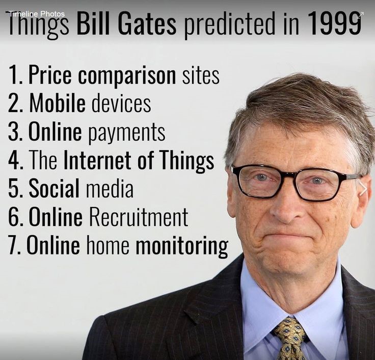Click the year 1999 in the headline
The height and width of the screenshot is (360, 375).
(x=334, y=23)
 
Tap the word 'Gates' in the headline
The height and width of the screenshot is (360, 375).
(x=147, y=23)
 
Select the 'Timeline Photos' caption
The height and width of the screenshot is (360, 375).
(x=36, y=14)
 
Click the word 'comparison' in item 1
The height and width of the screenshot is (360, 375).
(x=127, y=75)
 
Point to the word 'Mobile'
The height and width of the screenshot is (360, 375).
(x=58, y=104)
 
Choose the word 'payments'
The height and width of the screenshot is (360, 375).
(x=127, y=133)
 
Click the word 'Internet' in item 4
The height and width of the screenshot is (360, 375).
(x=98, y=160)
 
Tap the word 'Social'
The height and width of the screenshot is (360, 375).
(x=54, y=188)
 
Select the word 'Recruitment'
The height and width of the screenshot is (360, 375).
(x=139, y=217)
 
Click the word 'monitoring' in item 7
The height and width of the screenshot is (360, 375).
(x=182, y=246)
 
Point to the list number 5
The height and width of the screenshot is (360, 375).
(x=14, y=188)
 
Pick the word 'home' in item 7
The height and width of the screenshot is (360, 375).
(x=108, y=245)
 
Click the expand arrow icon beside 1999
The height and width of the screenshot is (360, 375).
(x=360, y=15)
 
